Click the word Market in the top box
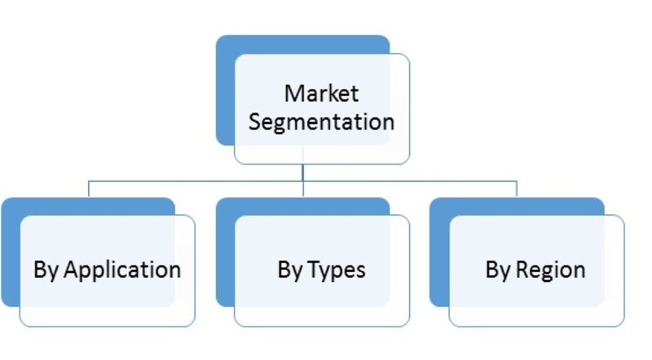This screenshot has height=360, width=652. (x=321, y=92)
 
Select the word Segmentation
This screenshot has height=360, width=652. (x=321, y=121)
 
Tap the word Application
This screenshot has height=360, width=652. (x=122, y=270)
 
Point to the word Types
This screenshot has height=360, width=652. (x=336, y=270)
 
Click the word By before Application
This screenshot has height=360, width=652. (x=46, y=270)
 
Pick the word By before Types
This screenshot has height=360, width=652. (x=290, y=270)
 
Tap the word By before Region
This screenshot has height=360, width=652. (x=498, y=270)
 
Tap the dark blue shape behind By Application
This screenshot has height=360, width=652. (x=11, y=252)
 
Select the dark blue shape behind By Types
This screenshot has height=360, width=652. (x=225, y=252)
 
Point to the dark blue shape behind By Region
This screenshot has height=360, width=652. (x=439, y=252)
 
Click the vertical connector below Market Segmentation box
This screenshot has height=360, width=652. (x=302, y=172)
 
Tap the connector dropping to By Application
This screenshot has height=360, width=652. (x=88, y=189)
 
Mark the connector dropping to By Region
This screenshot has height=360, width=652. (x=517, y=189)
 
